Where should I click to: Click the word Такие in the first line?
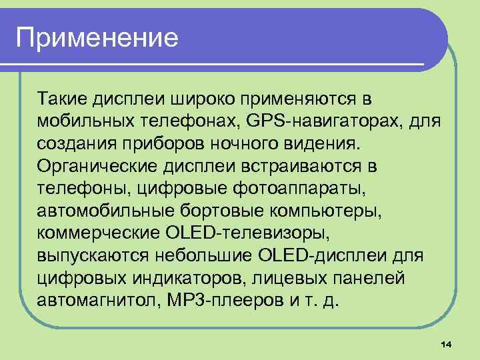tap(63, 99)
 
